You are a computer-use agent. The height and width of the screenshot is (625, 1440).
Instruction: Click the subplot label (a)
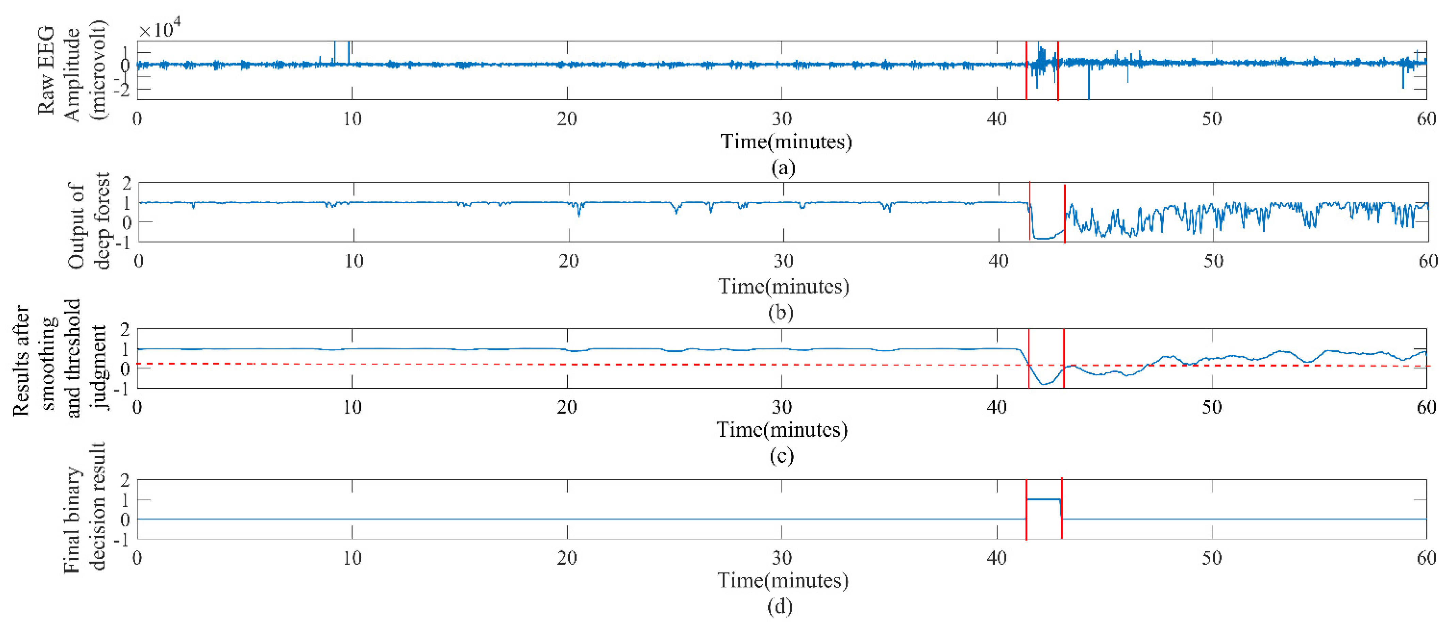[x=783, y=168]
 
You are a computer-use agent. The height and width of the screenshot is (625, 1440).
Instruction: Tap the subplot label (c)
[x=781, y=456]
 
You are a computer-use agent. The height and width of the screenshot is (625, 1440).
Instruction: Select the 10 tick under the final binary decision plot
[x=352, y=558]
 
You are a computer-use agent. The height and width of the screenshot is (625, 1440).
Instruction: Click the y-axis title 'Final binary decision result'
[x=84, y=508]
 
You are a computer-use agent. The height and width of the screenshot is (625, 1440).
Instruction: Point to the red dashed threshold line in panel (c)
[x=559, y=365]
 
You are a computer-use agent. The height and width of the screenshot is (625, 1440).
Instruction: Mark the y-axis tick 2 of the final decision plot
[x=125, y=480]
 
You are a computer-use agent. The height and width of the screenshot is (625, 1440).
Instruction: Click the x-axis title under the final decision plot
[x=783, y=580]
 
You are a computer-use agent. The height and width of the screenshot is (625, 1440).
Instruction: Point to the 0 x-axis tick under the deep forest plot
[x=139, y=261]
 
